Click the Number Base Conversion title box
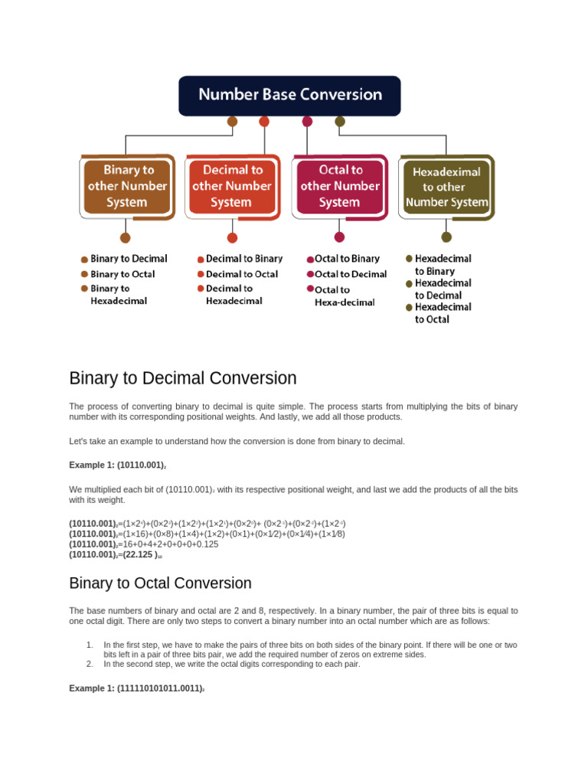(289, 95)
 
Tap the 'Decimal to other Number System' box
(231, 186)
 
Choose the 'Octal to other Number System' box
(339, 186)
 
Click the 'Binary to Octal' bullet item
(122, 274)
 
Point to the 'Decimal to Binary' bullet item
(243, 259)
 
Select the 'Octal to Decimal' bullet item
(351, 274)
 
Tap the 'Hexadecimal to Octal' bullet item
(443, 313)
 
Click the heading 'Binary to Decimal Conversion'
(182, 378)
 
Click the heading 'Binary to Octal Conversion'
(160, 583)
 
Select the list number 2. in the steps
(90, 664)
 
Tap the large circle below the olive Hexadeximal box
(446, 237)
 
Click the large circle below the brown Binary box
(126, 237)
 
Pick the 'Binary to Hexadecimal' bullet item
(119, 295)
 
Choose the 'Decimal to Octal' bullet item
(241, 274)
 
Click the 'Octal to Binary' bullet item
(347, 259)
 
